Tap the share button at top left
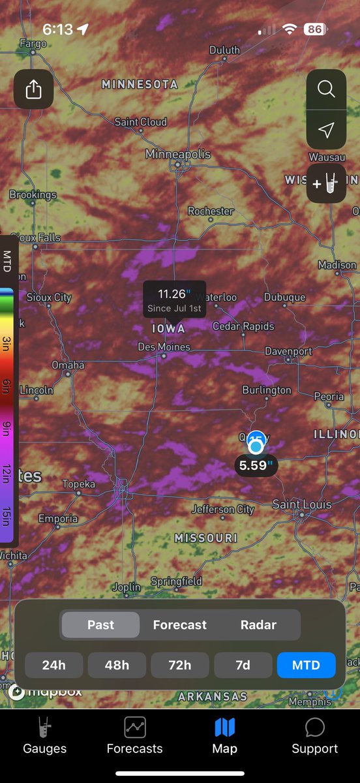[x=33, y=89]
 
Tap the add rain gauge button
[x=326, y=183]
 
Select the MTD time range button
[x=306, y=665]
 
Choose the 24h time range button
[x=54, y=665]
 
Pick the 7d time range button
[x=243, y=665]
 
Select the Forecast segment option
[x=180, y=624]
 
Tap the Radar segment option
[x=258, y=624]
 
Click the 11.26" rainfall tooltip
[x=174, y=299]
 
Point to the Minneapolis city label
[x=178, y=154]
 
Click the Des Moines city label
[x=164, y=346]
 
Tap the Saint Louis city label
[x=302, y=504]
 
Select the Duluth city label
[x=224, y=50]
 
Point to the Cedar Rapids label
[x=243, y=326]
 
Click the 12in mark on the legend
[x=7, y=472]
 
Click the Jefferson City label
[x=222, y=509]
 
